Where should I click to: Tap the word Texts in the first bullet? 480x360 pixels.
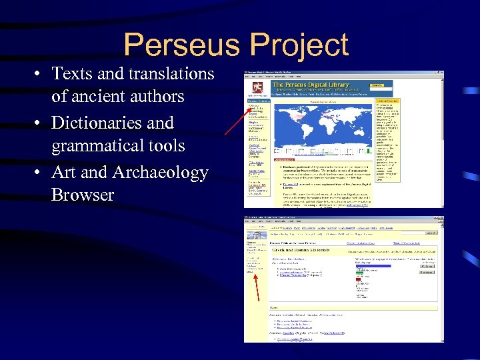click(72, 73)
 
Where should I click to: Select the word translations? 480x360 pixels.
click(168, 73)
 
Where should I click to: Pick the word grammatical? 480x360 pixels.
click(99, 145)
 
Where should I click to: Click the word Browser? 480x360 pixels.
click(83, 195)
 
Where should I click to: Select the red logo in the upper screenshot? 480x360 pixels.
click(257, 87)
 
